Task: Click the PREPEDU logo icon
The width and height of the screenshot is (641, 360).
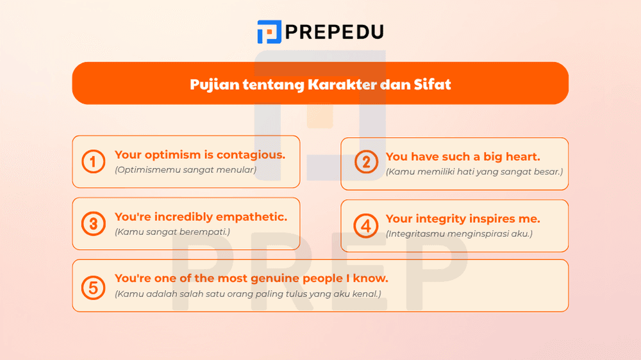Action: pos(269,31)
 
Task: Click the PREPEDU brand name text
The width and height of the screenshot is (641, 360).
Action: pos(334,31)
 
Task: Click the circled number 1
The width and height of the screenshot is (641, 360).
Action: pos(94,161)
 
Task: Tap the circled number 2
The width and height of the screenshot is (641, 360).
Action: pos(366,162)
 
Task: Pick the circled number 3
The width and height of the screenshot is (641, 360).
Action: pos(94,224)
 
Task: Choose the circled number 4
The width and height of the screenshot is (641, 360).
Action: pos(366,225)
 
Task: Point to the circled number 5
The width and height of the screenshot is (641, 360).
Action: pos(94,286)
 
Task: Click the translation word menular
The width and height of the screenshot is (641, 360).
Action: pos(237,170)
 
